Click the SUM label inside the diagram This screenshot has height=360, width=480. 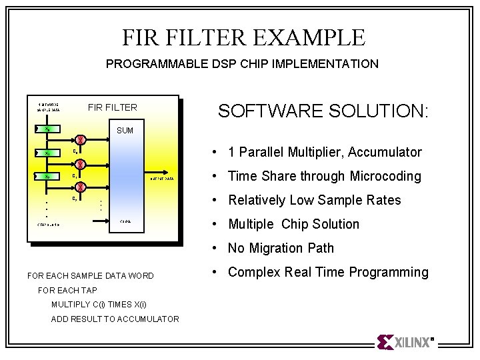tap(125, 130)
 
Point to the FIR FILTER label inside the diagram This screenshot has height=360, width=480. tap(112, 107)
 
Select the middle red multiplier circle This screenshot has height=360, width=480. tap(79, 164)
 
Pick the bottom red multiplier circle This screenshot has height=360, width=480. tap(79, 187)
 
